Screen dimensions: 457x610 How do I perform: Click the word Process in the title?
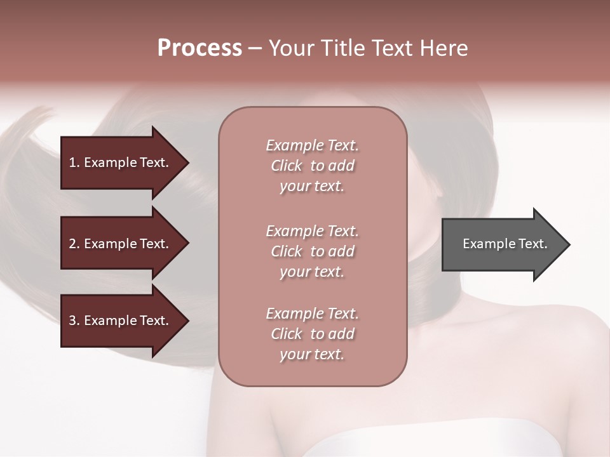click(200, 48)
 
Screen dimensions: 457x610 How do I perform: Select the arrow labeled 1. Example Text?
click(121, 162)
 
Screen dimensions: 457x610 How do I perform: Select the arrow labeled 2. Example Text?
click(121, 244)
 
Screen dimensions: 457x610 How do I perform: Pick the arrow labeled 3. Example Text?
click(121, 321)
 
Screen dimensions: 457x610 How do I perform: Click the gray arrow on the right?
click(502, 244)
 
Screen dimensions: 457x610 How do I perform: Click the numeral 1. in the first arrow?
click(74, 162)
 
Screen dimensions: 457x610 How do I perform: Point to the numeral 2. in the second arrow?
click(74, 244)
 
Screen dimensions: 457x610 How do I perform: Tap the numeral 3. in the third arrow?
click(74, 321)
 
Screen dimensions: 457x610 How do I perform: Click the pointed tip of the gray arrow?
click(567, 244)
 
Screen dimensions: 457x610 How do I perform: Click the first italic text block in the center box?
click(312, 166)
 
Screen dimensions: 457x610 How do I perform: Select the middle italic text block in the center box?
click(312, 251)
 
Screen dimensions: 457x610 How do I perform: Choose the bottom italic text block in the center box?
click(312, 334)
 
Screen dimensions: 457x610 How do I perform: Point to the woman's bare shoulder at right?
click(559, 355)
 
